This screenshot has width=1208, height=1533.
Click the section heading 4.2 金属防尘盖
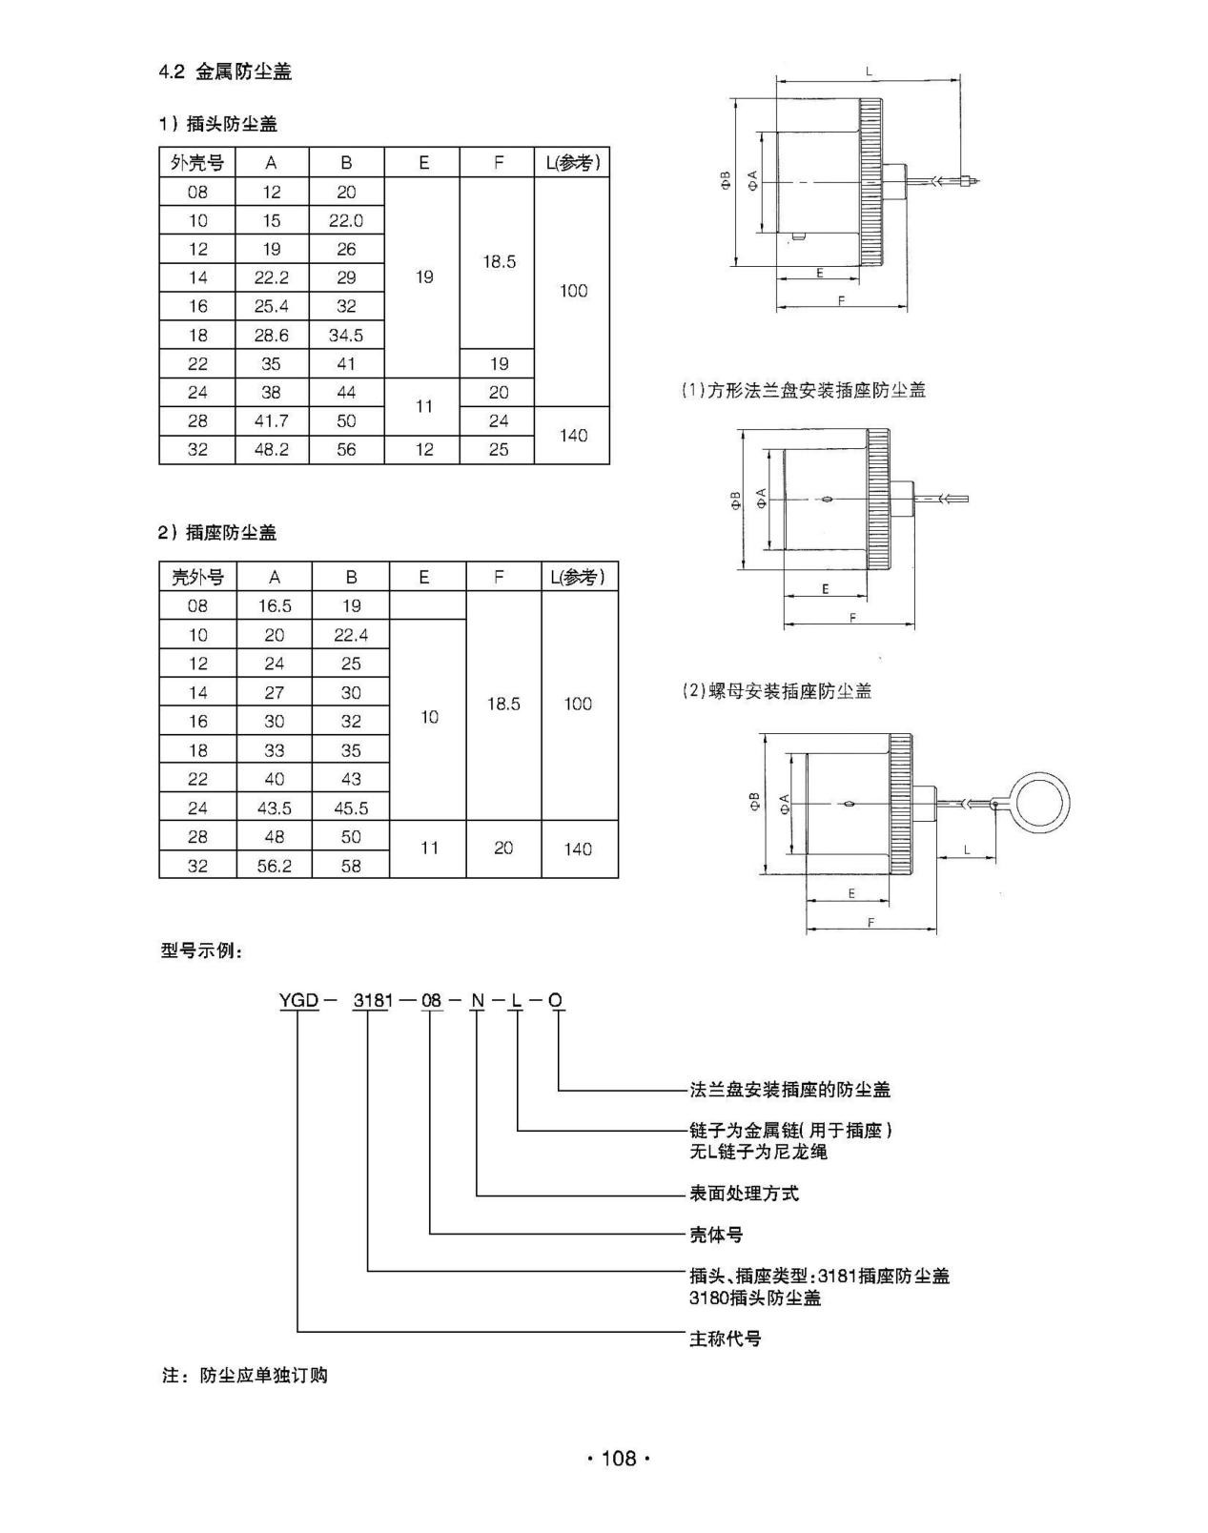tap(225, 72)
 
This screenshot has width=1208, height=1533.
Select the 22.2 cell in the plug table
tap(272, 277)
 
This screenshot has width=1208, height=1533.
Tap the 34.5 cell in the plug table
tap(346, 335)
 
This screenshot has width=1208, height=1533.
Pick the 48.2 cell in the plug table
tap(272, 449)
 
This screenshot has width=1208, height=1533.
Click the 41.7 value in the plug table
tap(272, 420)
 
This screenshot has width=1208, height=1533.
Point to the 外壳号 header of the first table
tap(197, 163)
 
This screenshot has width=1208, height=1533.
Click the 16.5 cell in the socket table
tap(275, 605)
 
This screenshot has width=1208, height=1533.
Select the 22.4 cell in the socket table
tap(351, 635)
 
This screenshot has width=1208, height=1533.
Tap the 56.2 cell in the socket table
tap(275, 866)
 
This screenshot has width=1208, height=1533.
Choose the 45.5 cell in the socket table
tap(351, 807)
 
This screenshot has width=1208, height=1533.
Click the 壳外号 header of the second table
tap(197, 577)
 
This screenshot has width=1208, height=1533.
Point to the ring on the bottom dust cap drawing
tap(1041, 802)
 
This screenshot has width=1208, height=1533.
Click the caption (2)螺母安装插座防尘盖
tap(776, 691)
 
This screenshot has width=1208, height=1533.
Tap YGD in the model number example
tap(298, 1000)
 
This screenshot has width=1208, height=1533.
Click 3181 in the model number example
tap(372, 1000)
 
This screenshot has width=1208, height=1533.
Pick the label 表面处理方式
tap(744, 1194)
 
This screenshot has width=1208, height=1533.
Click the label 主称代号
tap(725, 1339)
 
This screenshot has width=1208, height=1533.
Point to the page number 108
tap(618, 1458)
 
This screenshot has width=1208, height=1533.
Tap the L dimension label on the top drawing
tap(869, 71)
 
